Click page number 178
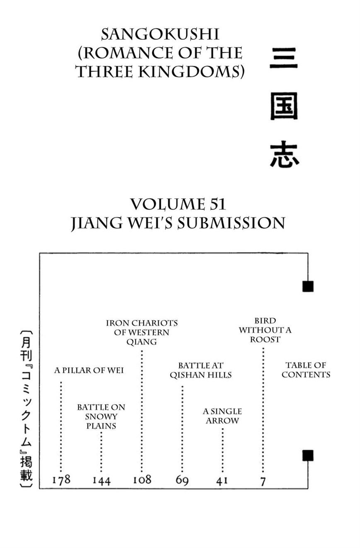pyautogui.click(x=61, y=480)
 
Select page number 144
pyautogui.click(x=101, y=481)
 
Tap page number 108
pyautogui.click(x=142, y=480)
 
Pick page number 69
pyautogui.click(x=182, y=481)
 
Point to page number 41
pyautogui.click(x=222, y=481)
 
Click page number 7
pyautogui.click(x=263, y=481)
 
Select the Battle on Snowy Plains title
pyautogui.click(x=101, y=417)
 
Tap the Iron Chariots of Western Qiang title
pyautogui.click(x=142, y=332)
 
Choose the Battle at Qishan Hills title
pyautogui.click(x=201, y=370)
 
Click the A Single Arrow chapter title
pyautogui.click(x=222, y=416)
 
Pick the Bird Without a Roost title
pyautogui.click(x=265, y=330)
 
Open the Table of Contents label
pyautogui.click(x=306, y=370)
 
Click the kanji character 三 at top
pyautogui.click(x=284, y=58)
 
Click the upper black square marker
pyautogui.click(x=308, y=286)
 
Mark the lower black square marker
pyautogui.click(x=308, y=455)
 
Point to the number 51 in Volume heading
pyautogui.click(x=216, y=205)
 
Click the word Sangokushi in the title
pyautogui.click(x=160, y=34)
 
